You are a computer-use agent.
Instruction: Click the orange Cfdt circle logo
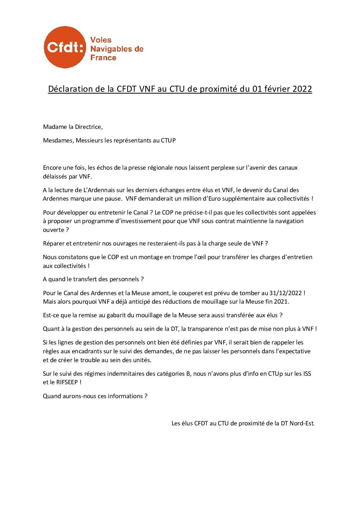[x=64, y=47]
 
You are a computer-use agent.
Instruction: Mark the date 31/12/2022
[x=285, y=293]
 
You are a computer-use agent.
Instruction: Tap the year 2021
[x=282, y=302]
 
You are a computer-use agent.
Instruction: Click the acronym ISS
[x=307, y=374]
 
